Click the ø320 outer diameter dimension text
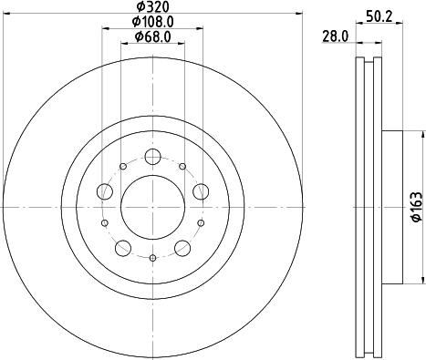click(151, 7)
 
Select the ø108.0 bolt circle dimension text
click(151, 21)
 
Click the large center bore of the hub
click(151, 200)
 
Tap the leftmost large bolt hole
click(106, 190)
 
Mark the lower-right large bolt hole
click(182, 246)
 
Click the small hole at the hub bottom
click(152, 259)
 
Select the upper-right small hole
click(183, 165)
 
